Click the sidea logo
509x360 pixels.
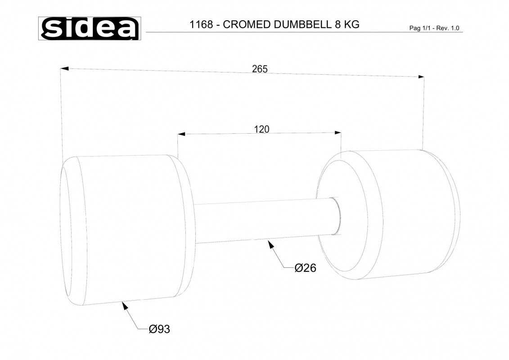tap(90, 28)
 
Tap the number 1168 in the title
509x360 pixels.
tap(201, 25)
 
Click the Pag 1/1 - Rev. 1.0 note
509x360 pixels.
tap(434, 28)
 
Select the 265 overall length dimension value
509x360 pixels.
tap(260, 69)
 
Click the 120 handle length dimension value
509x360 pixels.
tap(261, 129)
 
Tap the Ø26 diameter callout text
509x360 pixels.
tap(306, 268)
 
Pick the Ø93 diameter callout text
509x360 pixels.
tap(159, 329)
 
